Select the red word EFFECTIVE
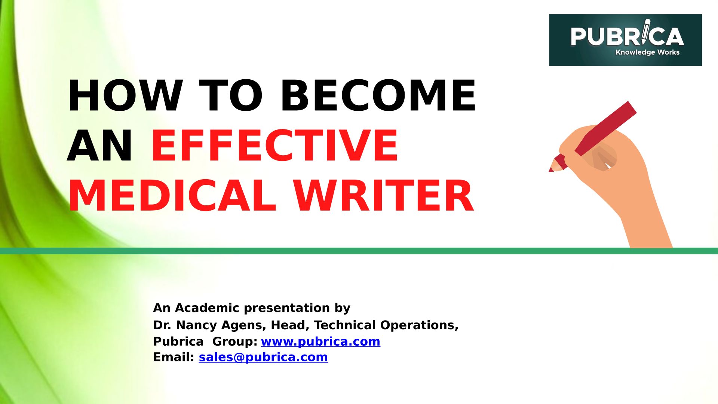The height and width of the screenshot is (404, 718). click(x=274, y=146)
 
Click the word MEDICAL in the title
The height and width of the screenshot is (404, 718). click(x=172, y=196)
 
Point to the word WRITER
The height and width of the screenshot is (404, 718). click(x=383, y=196)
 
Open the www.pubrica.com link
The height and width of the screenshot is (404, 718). click(x=320, y=342)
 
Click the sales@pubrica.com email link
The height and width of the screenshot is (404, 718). click(x=263, y=357)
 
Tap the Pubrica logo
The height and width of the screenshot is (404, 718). click(x=625, y=40)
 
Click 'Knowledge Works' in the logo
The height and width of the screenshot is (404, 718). click(x=647, y=52)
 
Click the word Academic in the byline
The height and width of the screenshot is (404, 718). click(x=212, y=308)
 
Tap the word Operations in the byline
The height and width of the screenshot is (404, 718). click(x=419, y=325)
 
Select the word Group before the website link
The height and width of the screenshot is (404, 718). click(x=235, y=342)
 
